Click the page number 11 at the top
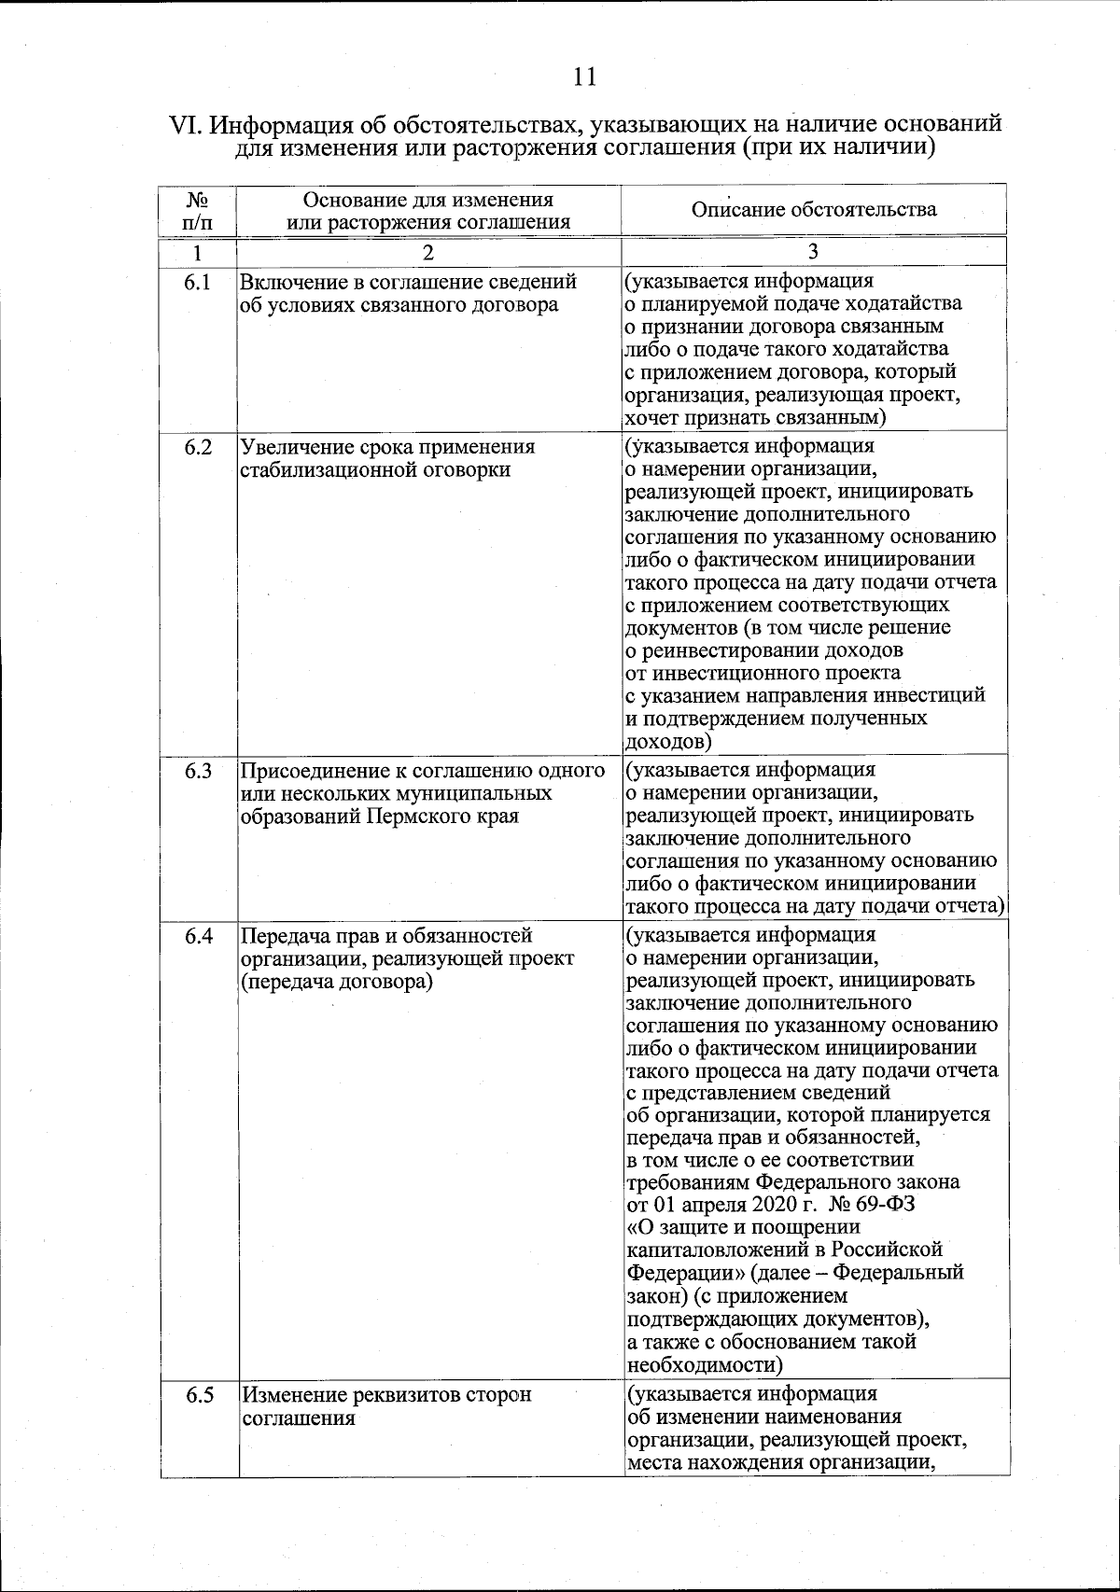584,77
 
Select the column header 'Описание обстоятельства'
814,209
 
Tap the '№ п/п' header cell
197,212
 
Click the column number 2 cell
427,253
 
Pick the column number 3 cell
814,252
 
